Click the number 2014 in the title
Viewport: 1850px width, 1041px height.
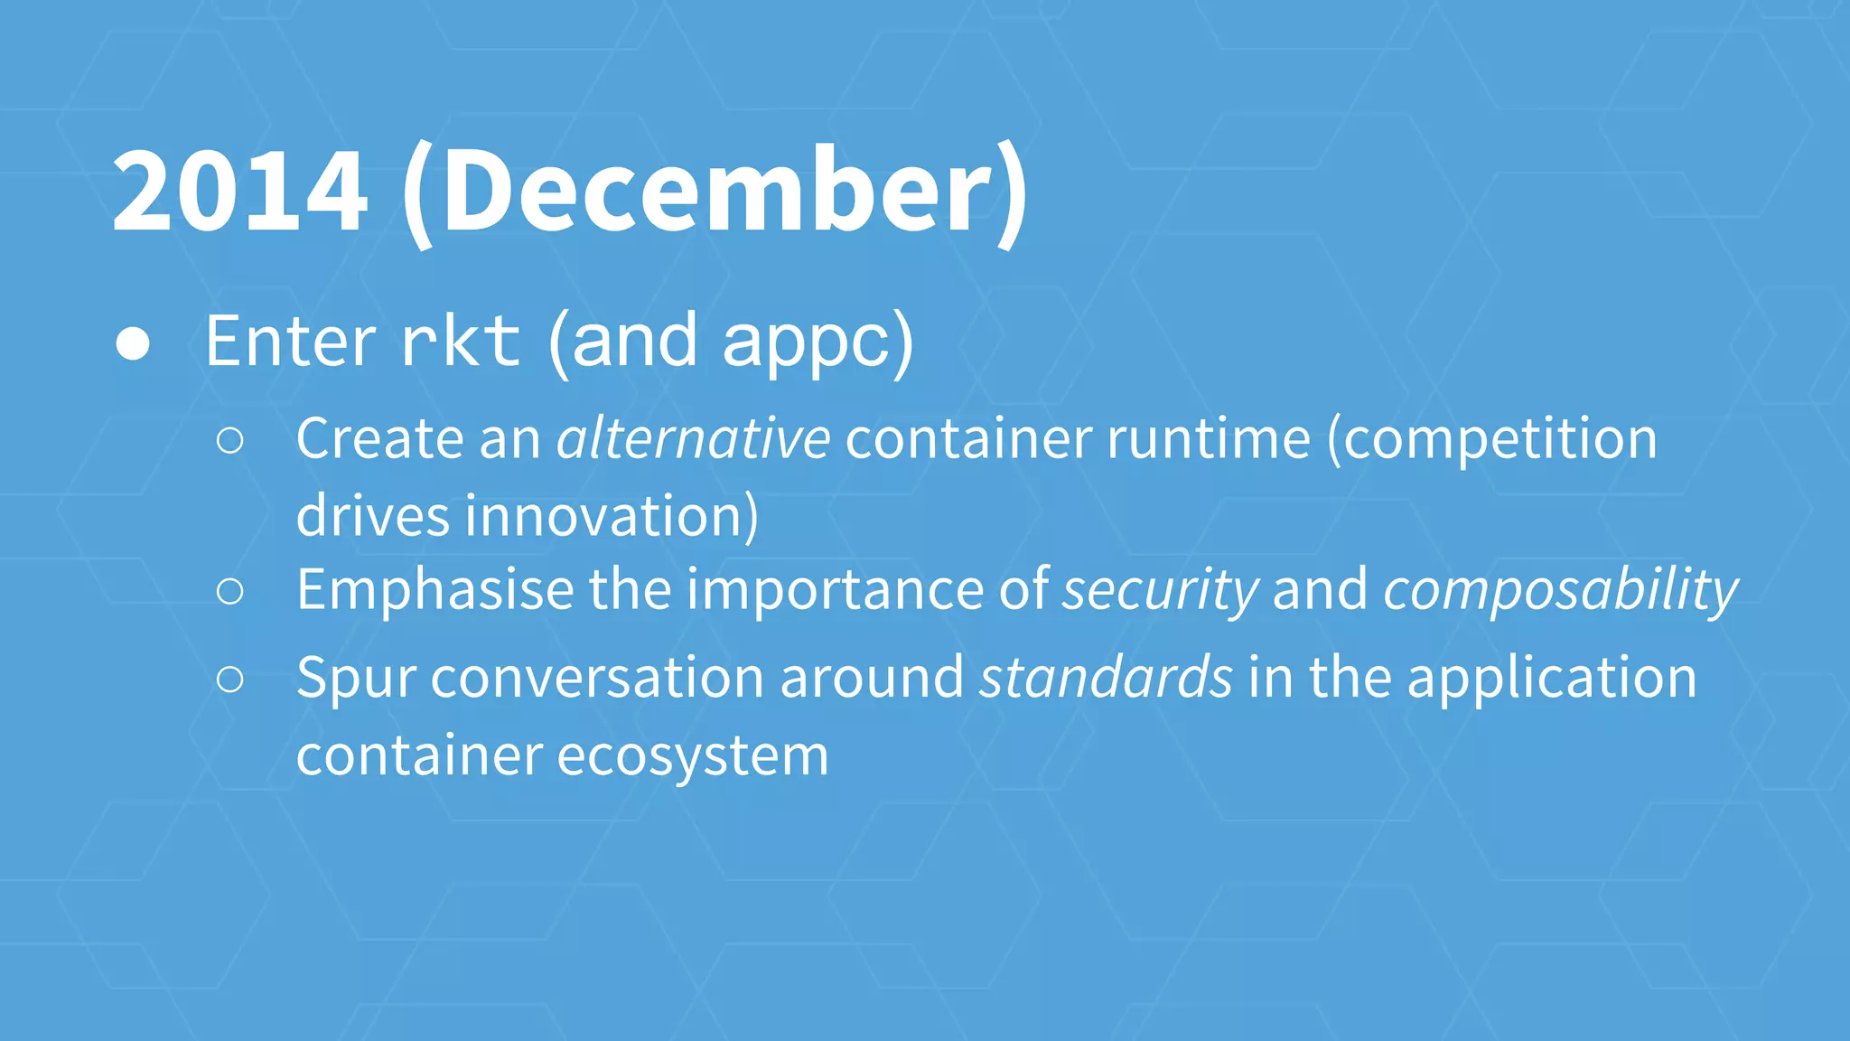[x=240, y=192]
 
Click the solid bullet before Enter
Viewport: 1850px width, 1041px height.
[x=133, y=344]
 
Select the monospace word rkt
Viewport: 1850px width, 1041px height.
[x=461, y=342]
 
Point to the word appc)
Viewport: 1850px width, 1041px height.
[x=818, y=342]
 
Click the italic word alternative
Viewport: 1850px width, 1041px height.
[x=693, y=439]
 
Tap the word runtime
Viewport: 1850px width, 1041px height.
[x=1208, y=439]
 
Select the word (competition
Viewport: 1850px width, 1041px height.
[x=1492, y=439]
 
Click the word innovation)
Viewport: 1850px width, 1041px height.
[x=612, y=517]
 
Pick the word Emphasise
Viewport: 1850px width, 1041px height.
[x=434, y=590]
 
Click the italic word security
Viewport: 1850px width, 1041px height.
[x=1160, y=590]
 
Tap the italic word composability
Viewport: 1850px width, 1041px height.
[x=1560, y=590]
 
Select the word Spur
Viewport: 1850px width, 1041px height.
[x=355, y=679]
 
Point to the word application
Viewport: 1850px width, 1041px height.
[x=1552, y=679]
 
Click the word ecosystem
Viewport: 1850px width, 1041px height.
[x=693, y=756]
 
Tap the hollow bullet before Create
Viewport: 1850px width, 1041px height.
[x=230, y=441]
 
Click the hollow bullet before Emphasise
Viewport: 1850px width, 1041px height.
[x=230, y=592]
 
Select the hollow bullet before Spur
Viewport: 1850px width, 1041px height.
[x=230, y=680]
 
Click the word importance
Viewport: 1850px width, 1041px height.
[x=836, y=590]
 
